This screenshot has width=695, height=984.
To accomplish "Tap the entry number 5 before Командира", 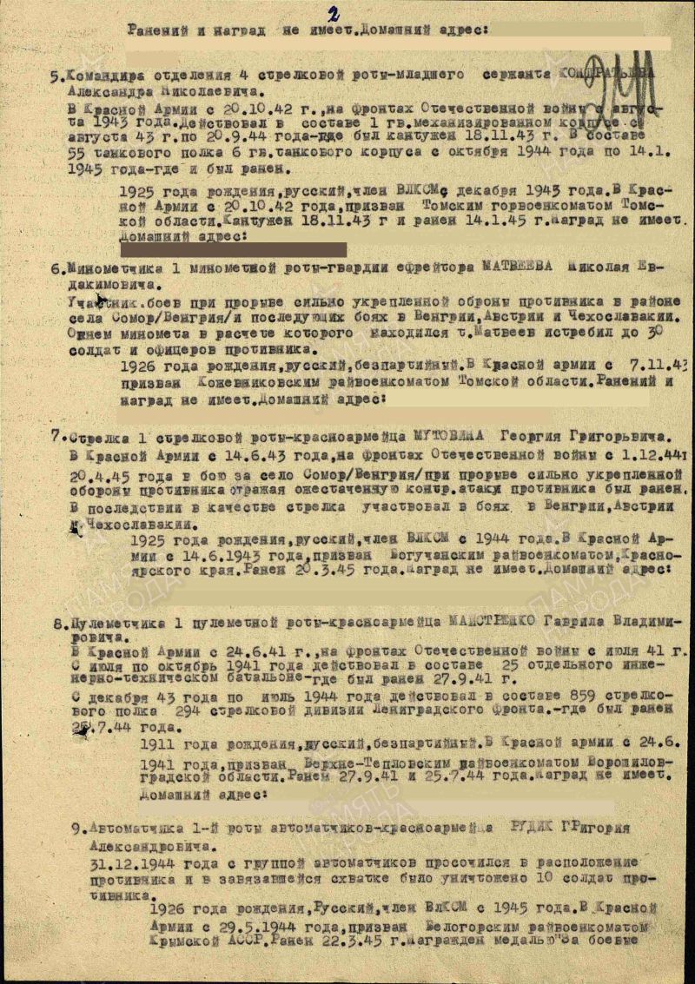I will pos(54,76).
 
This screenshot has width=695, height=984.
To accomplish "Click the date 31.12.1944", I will pos(129,863).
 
